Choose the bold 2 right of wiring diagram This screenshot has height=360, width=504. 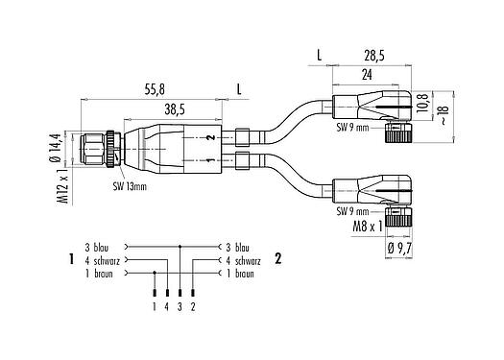[x=277, y=259]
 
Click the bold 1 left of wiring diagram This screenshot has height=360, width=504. [x=72, y=259]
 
